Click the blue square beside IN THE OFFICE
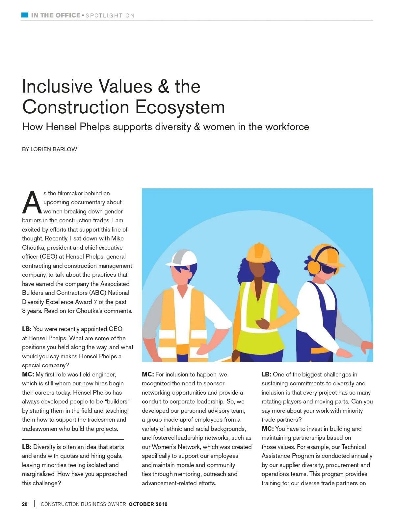tap(25, 15)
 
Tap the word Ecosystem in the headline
tap(180, 107)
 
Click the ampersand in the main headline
tap(163, 86)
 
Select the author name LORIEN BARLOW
tap(54, 149)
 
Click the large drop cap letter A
tap(32, 202)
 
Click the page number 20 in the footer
tap(25, 504)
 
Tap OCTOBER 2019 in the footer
tap(148, 504)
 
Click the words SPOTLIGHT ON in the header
tap(110, 15)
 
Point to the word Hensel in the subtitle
tap(62, 127)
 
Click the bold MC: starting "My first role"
tap(28, 374)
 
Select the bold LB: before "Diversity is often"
tap(27, 447)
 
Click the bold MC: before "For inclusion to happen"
tap(148, 374)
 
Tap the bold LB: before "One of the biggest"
tap(266, 374)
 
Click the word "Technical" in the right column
tap(354, 447)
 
